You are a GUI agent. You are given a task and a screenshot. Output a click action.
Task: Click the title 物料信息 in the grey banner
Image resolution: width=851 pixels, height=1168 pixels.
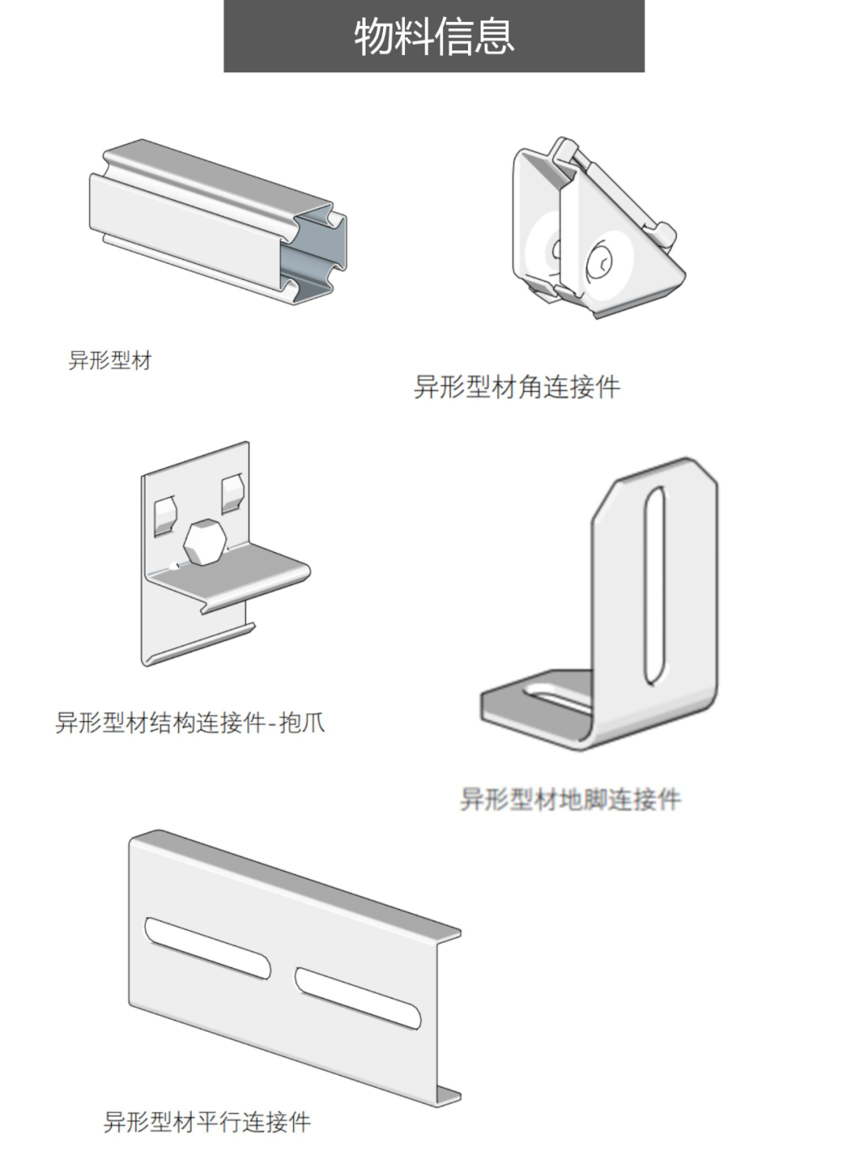tap(433, 36)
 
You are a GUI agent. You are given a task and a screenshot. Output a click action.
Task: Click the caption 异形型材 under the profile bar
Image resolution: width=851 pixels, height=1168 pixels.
tap(110, 361)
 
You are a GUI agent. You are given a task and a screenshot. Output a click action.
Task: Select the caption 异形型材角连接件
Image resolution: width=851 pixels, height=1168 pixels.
tap(517, 387)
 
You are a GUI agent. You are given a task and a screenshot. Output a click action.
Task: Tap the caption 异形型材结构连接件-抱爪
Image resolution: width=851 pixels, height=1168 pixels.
tap(190, 722)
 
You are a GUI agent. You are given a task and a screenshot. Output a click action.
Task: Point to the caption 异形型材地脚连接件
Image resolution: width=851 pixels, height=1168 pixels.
tap(570, 799)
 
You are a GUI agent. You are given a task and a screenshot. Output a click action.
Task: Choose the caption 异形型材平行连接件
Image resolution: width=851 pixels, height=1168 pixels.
tap(207, 1122)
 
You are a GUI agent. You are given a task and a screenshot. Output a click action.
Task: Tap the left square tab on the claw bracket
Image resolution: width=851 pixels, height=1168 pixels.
tap(165, 514)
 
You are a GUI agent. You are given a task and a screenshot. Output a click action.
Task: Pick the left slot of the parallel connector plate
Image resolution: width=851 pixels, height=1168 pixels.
tap(207, 948)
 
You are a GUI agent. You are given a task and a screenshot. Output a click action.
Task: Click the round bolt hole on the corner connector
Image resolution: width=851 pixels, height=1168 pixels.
tap(602, 261)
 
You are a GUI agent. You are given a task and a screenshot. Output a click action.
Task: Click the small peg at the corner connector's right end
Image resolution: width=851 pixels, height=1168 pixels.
tap(663, 234)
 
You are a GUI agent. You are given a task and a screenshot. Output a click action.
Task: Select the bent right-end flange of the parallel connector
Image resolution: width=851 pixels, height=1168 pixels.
tap(447, 1016)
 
